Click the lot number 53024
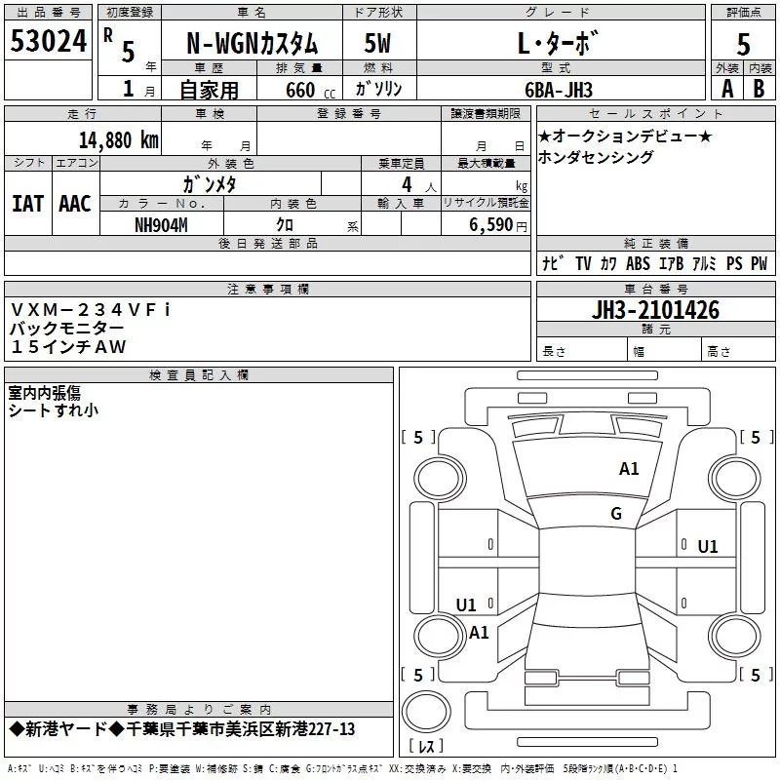pyautogui.click(x=49, y=41)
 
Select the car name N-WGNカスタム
pyautogui.click(x=253, y=44)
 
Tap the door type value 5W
pyautogui.click(x=377, y=43)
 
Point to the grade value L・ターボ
pyautogui.click(x=557, y=43)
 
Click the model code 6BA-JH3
pyautogui.click(x=559, y=90)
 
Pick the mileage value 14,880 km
pyautogui.click(x=119, y=140)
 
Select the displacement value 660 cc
pyautogui.click(x=310, y=90)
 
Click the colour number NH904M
pyautogui.click(x=161, y=225)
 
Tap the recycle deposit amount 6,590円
pyautogui.click(x=498, y=225)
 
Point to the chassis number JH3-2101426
pyautogui.click(x=655, y=310)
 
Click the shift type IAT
pyautogui.click(x=28, y=204)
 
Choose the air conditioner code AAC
pyautogui.click(x=75, y=204)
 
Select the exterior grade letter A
pyautogui.click(x=727, y=89)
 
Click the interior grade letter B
pyautogui.click(x=759, y=89)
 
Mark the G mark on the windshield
pyautogui.click(x=616, y=514)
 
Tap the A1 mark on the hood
pyautogui.click(x=629, y=469)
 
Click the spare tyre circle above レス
pyautogui.click(x=426, y=712)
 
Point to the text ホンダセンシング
pyautogui.click(x=596, y=157)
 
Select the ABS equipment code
pyautogui.click(x=638, y=263)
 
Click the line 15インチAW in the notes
pyautogui.click(x=68, y=347)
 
